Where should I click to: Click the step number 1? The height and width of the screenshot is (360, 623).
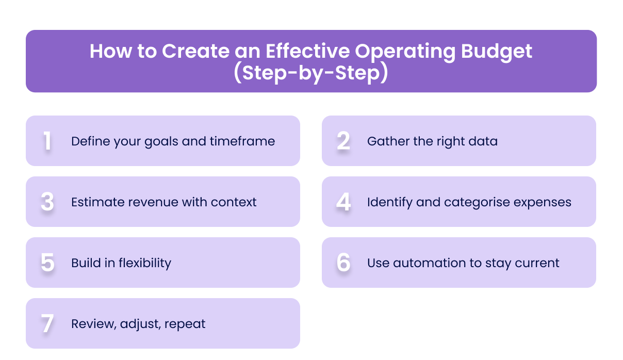click(47, 141)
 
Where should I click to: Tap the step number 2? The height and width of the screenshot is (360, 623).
click(343, 141)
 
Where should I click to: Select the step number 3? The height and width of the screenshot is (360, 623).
click(47, 202)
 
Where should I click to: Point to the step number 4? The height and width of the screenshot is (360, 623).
click(343, 202)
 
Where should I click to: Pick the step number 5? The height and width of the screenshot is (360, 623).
click(47, 263)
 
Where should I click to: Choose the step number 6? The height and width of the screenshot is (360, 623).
click(343, 263)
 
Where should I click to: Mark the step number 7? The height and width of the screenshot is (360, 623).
click(47, 324)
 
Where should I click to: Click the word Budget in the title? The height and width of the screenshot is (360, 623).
click(496, 52)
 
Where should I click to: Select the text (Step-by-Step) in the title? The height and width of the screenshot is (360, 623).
click(310, 73)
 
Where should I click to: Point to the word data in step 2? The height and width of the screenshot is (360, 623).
click(485, 141)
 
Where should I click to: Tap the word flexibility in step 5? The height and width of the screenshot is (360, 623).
click(145, 263)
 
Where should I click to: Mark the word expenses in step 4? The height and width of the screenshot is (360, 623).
click(546, 202)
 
